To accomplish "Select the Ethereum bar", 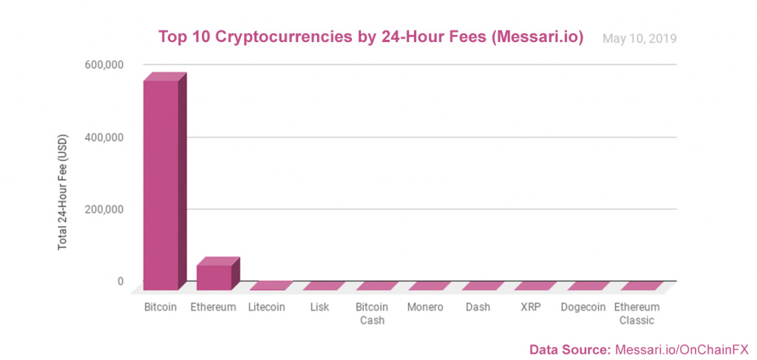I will pos(214,276).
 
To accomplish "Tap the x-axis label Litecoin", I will pos(267,307).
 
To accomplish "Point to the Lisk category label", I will pos(319,307).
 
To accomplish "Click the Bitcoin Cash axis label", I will pos(372,313).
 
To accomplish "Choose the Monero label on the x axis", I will pos(425,307).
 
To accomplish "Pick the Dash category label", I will pos(478,307).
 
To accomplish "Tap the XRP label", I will pos(530,307).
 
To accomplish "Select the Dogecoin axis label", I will pos(583,307).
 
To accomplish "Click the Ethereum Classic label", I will pos(636,313).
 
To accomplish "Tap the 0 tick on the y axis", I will pos(120,281).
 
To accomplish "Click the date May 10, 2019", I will pos(639,38).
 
